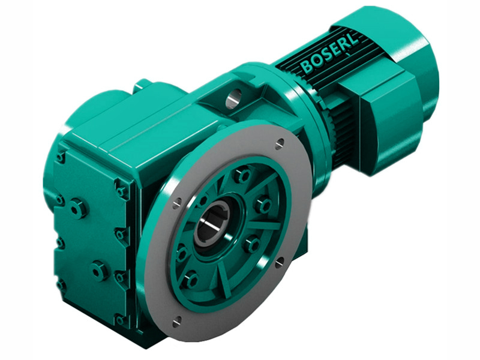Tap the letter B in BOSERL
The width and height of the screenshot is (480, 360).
coord(307,67)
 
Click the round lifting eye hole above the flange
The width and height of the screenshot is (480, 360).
coord(233,95)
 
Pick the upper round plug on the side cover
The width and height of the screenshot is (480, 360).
coord(79,209)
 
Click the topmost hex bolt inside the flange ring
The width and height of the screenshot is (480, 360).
coord(242,175)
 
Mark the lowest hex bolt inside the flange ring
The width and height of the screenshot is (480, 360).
coord(191,280)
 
